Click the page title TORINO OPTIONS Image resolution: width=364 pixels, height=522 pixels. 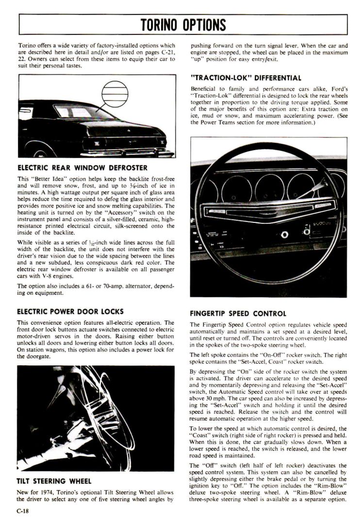183,24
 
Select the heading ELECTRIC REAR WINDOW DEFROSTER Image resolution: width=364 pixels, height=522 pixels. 82,168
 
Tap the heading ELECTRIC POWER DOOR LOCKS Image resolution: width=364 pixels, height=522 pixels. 70,311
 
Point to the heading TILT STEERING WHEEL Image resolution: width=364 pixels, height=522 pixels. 53,481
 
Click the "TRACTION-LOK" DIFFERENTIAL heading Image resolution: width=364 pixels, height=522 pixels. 246,77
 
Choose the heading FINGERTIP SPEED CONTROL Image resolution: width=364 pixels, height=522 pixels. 238,313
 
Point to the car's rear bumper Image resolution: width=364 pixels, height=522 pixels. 126,153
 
